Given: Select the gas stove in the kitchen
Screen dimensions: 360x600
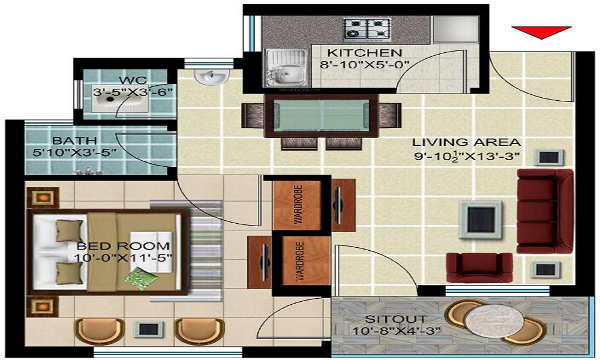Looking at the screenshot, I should click(367, 28).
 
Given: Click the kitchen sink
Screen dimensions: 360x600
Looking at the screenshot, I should click(286, 66).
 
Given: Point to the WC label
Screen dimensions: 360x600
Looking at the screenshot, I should click(129, 80).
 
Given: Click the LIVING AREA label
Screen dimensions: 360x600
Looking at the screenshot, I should click(466, 143).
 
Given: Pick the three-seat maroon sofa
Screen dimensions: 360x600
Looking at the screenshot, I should click(544, 210).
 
